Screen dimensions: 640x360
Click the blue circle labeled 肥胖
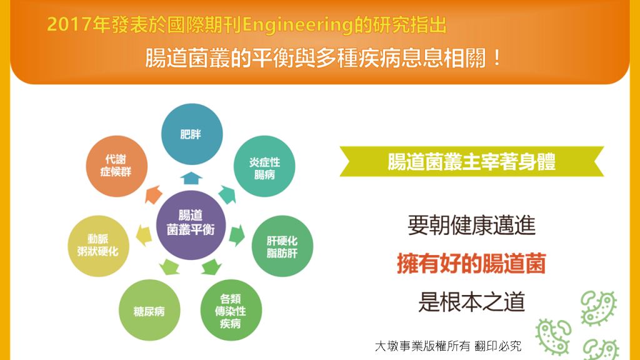(192, 134)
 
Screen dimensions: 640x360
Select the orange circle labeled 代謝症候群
(116, 166)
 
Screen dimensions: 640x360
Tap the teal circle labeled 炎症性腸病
(264, 166)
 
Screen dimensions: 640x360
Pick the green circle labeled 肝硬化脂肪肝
(282, 246)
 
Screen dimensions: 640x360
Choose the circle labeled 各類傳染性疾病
(231, 310)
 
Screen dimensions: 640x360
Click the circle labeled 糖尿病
(149, 310)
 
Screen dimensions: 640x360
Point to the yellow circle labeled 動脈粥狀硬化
(98, 246)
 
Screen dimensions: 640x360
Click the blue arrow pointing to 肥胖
(191, 178)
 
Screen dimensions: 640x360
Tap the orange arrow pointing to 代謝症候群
(153, 194)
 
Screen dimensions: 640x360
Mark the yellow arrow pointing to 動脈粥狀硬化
(144, 235)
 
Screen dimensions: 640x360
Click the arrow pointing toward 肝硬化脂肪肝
(237, 235)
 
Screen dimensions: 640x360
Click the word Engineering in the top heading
(297, 25)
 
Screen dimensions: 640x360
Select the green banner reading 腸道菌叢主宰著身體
(471, 162)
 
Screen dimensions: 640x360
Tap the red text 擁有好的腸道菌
(471, 263)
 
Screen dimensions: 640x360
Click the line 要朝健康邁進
(471, 225)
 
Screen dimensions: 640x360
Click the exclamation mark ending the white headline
(496, 58)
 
